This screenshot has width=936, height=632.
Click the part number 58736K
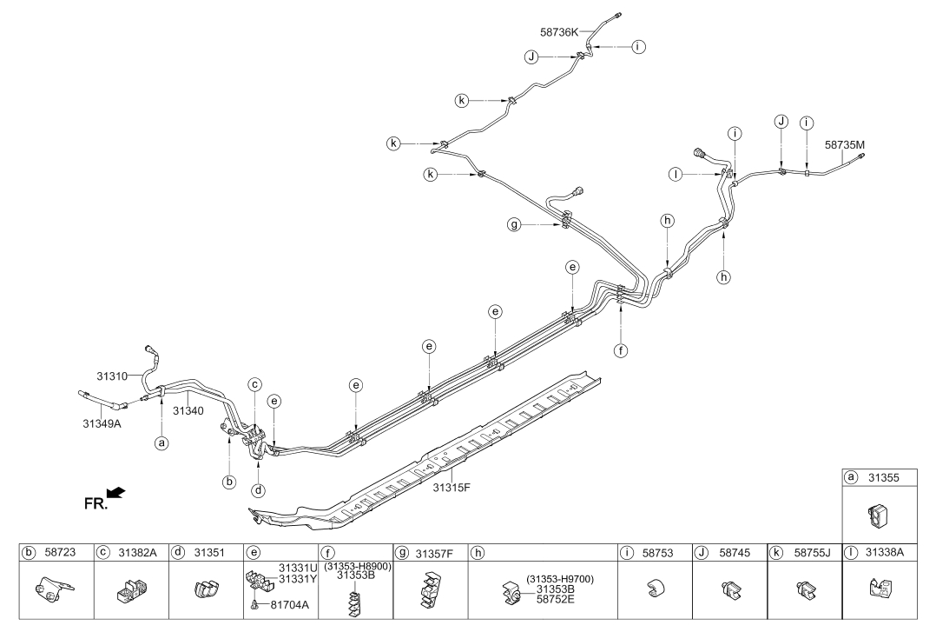(559, 32)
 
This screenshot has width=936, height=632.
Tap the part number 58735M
(844, 144)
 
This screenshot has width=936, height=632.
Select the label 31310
(112, 376)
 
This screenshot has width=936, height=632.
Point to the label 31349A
(102, 423)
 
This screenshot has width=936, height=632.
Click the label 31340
(188, 411)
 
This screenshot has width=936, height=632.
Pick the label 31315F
(452, 488)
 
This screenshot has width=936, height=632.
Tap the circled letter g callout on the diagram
(514, 225)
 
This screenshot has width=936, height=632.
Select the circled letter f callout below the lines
(621, 350)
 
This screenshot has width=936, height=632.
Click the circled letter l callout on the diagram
(676, 174)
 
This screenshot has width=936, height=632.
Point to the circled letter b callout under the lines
(229, 482)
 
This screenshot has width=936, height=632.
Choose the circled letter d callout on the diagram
(258, 490)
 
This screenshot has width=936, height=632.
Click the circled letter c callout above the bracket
(255, 384)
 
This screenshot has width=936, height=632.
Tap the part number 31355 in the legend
(884, 478)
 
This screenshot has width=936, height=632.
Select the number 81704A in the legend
(289, 604)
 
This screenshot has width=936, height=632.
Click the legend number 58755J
(812, 553)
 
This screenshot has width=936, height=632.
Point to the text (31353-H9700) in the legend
(560, 579)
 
